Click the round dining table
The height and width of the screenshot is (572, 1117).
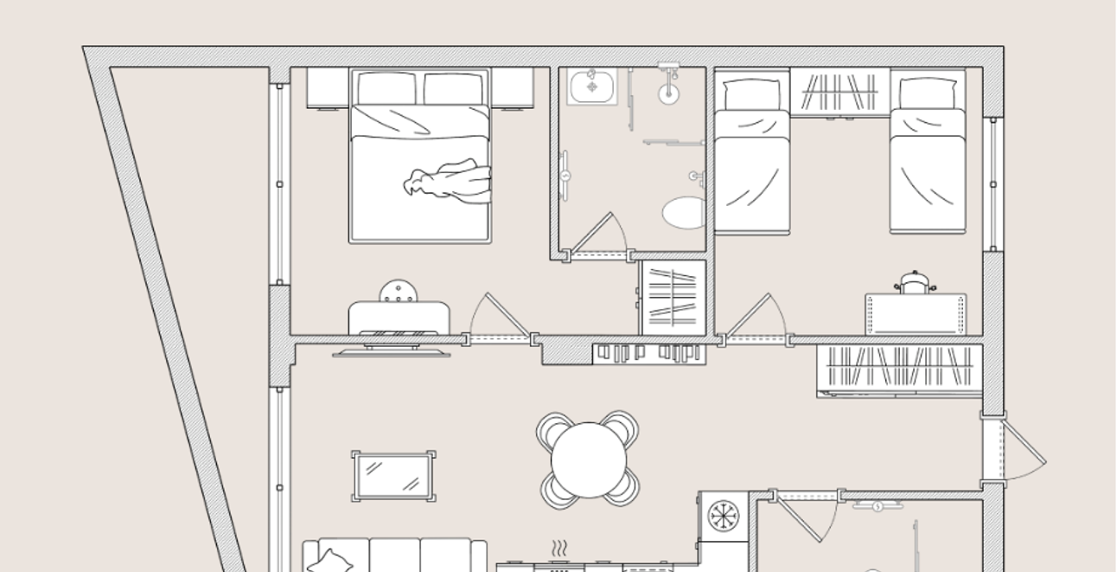588,460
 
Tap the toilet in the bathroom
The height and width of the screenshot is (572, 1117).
686,212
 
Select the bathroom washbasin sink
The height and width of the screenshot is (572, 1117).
592,87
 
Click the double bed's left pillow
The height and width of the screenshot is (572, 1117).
386,88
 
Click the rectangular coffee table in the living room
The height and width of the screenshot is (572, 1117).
393,476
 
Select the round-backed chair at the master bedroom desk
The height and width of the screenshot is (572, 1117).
397,292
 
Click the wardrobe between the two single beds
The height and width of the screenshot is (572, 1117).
839,92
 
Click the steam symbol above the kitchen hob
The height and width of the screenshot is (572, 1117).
559,549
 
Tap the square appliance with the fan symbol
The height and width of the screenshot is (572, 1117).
723,517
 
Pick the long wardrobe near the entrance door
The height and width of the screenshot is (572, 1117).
899,370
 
